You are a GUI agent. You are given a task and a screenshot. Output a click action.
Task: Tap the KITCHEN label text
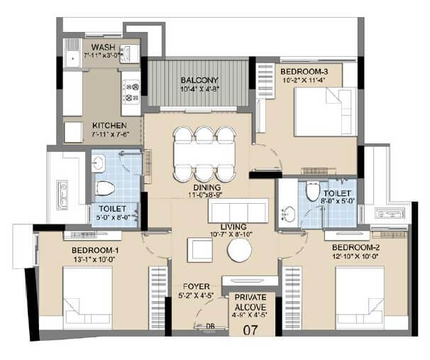pos(109,125)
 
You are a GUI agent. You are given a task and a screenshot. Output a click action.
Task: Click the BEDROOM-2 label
pos(358,247)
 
